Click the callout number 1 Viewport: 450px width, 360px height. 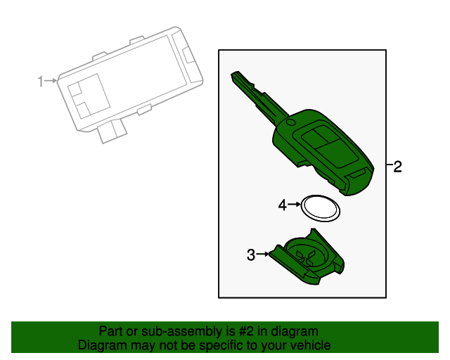point(40,82)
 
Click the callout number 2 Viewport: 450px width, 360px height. point(397,167)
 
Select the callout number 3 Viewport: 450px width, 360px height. point(251,255)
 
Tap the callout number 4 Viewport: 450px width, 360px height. point(283,205)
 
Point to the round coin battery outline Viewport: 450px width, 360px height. point(320,207)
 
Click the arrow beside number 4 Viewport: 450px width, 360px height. point(295,205)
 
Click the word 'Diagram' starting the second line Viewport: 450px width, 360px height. point(102,345)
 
